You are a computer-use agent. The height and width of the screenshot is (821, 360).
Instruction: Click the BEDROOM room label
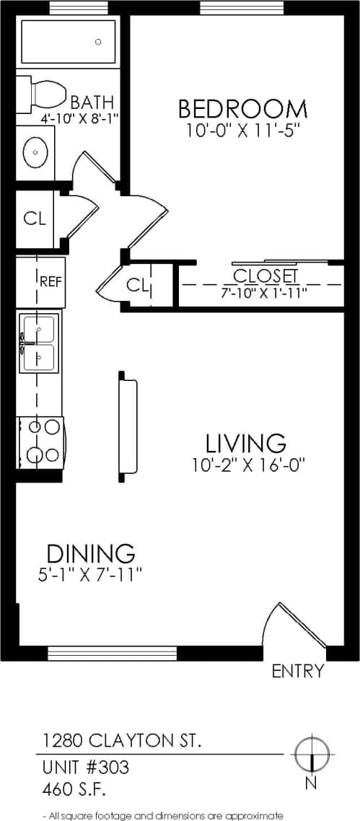pyautogui.click(x=242, y=109)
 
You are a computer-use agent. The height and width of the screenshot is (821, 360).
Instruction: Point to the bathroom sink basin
pyautogui.click(x=35, y=152)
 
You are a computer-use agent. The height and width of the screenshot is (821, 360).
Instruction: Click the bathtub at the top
pyautogui.click(x=69, y=43)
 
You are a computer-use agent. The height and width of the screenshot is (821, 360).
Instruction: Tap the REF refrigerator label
pyautogui.click(x=49, y=281)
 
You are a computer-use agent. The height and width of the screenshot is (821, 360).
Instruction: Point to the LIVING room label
pyautogui.click(x=245, y=442)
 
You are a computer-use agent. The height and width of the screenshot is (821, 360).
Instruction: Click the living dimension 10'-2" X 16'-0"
pyautogui.click(x=249, y=465)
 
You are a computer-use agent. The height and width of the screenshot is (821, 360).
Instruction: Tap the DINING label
pyautogui.click(x=91, y=553)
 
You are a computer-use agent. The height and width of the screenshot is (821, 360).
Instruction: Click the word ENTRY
pyautogui.click(x=297, y=672)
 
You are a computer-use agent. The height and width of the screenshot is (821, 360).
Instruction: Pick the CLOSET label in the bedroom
pyautogui.click(x=265, y=276)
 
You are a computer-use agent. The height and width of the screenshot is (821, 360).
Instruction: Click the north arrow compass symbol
pyautogui.click(x=311, y=753)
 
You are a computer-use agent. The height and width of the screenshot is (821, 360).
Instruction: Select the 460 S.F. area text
pyautogui.click(x=74, y=789)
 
